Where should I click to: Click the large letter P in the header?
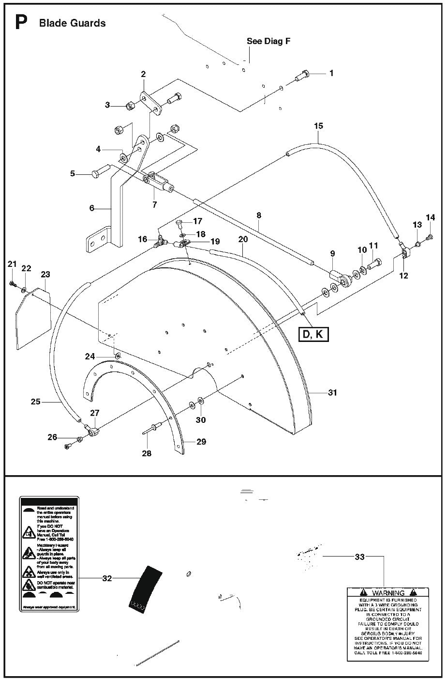(21, 22)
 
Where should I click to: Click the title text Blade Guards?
(72, 23)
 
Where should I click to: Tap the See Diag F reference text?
(268, 41)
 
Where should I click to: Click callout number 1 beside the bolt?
(331, 73)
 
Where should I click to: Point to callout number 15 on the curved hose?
(318, 126)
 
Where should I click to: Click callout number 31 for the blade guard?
(332, 392)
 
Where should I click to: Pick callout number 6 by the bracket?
(92, 208)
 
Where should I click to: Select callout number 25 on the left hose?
(35, 401)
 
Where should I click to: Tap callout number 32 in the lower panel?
(107, 578)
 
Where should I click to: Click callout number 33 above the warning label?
(359, 557)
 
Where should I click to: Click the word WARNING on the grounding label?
(388, 593)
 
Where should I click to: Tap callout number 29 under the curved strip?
(201, 441)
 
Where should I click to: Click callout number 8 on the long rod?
(259, 214)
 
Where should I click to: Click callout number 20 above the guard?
(243, 239)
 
